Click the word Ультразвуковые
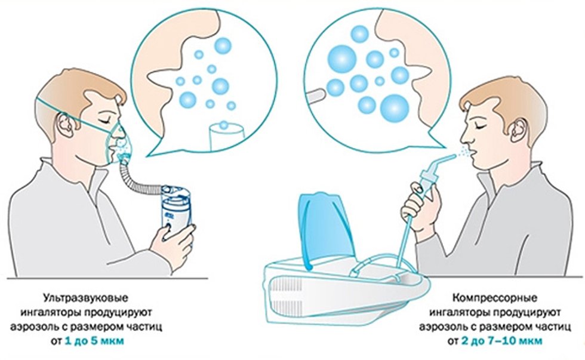click(x=86, y=299)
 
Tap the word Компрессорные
click(x=495, y=299)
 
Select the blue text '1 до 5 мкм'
click(x=94, y=341)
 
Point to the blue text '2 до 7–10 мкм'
click(x=502, y=341)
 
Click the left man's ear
click(x=66, y=124)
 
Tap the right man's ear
click(x=519, y=130)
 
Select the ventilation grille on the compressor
click(x=287, y=289)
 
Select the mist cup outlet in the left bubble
click(x=226, y=137)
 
